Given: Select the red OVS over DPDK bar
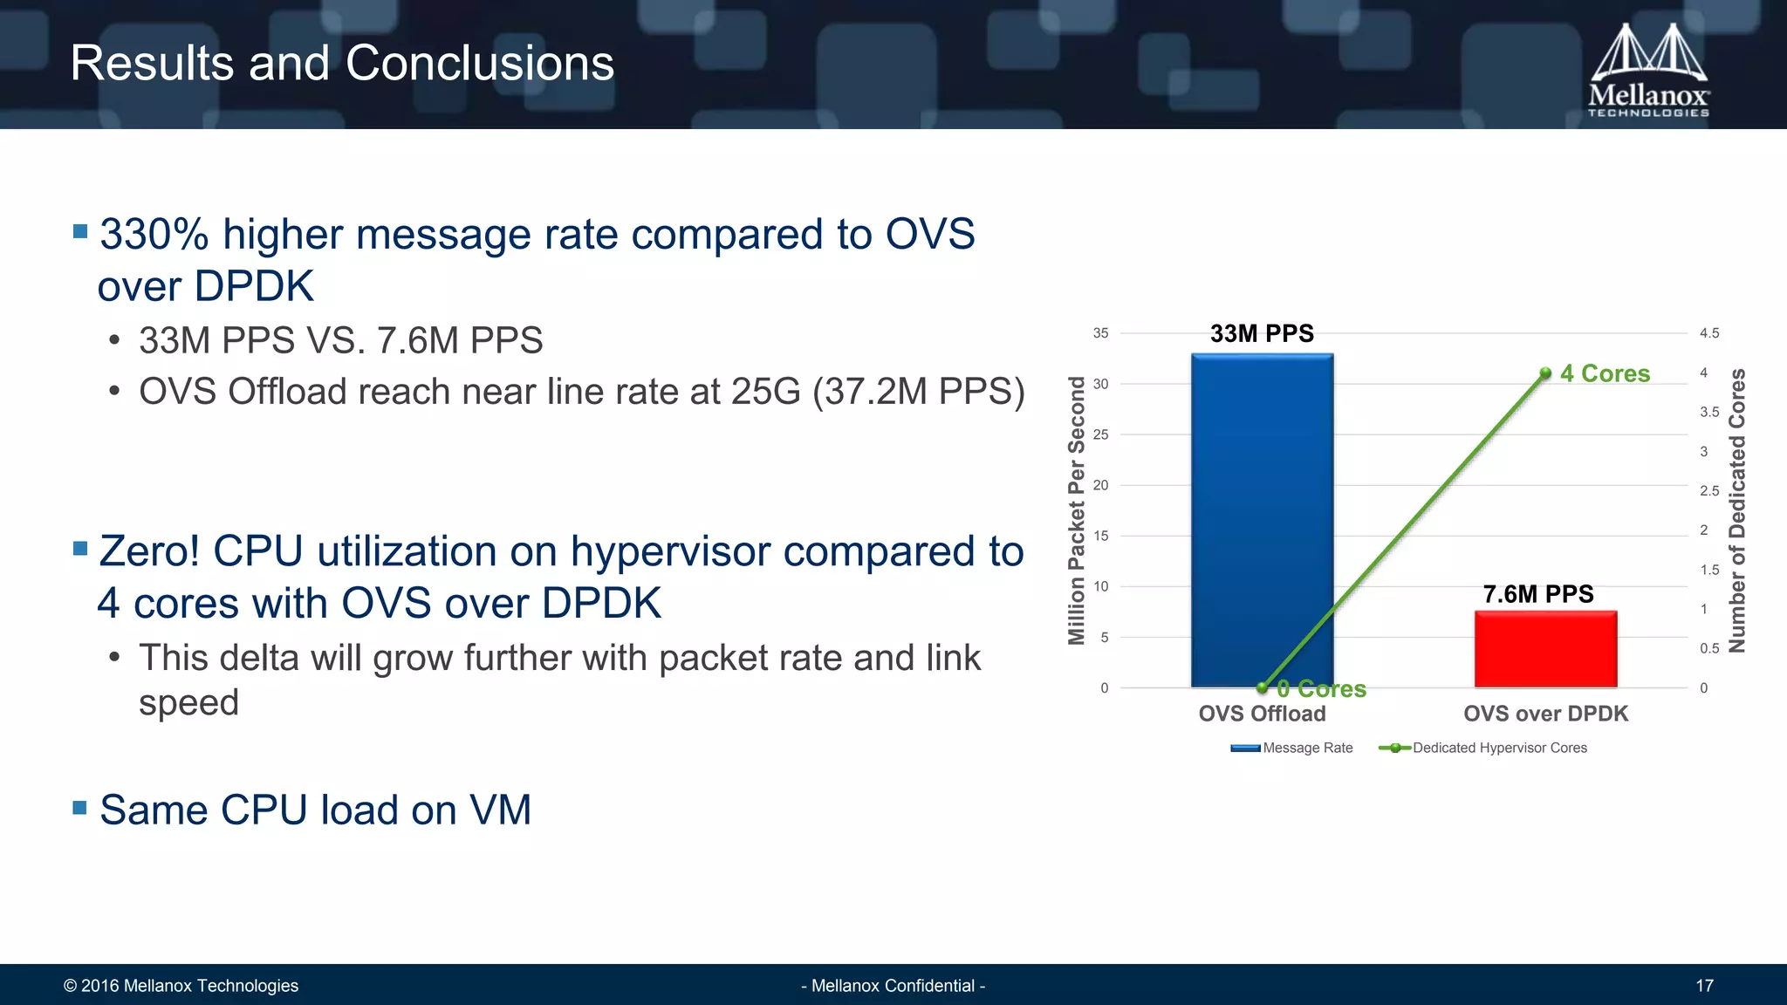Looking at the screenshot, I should [1545, 649].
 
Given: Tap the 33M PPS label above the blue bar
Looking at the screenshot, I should [1262, 333].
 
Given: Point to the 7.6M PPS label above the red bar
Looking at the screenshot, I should [1538, 594].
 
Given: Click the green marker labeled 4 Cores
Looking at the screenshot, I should [1545, 373].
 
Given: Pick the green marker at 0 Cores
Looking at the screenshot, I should [1262, 687].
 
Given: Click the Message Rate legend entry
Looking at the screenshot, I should [1292, 748].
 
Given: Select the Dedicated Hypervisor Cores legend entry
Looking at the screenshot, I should [1483, 748].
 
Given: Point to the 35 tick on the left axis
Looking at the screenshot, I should [1100, 333].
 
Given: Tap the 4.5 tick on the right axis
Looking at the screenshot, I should [1709, 333].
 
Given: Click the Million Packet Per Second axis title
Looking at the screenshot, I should [1077, 510].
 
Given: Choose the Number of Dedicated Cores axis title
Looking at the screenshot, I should [1737, 510].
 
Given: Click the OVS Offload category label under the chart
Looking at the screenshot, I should [1262, 714].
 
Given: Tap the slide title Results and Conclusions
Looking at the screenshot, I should [342, 64].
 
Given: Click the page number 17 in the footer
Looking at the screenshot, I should [1704, 986].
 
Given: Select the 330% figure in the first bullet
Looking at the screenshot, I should [154, 235].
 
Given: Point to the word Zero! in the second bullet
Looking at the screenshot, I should [150, 551].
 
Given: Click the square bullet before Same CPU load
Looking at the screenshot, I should [80, 808].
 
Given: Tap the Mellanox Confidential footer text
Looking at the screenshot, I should [893, 986].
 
